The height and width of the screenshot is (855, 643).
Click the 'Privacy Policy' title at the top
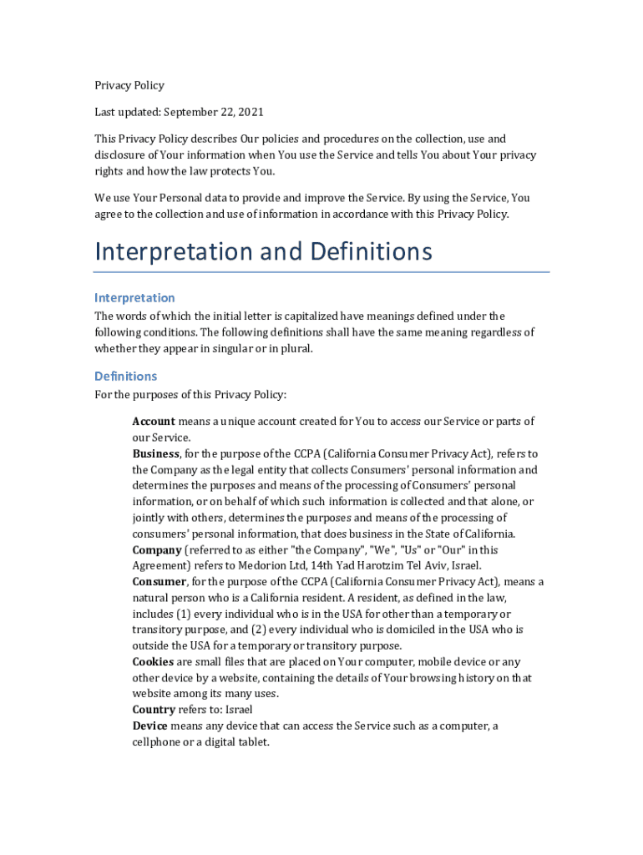(x=129, y=85)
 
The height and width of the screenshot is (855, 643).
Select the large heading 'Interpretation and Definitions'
(x=263, y=251)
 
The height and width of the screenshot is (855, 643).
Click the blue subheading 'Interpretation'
(x=134, y=298)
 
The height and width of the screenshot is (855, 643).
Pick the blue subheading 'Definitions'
(x=125, y=376)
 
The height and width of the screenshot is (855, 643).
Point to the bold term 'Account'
(x=154, y=421)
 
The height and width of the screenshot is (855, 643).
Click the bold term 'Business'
(x=156, y=453)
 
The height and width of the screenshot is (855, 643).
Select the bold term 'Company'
(x=157, y=549)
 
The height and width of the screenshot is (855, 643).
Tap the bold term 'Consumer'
(x=159, y=582)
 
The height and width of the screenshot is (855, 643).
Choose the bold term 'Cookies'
(x=153, y=662)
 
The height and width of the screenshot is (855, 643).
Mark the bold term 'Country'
(x=154, y=710)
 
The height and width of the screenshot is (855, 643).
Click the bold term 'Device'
(x=149, y=726)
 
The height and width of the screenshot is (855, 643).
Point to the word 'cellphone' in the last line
(x=159, y=741)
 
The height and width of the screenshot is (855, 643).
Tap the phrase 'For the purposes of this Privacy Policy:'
(x=190, y=395)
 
